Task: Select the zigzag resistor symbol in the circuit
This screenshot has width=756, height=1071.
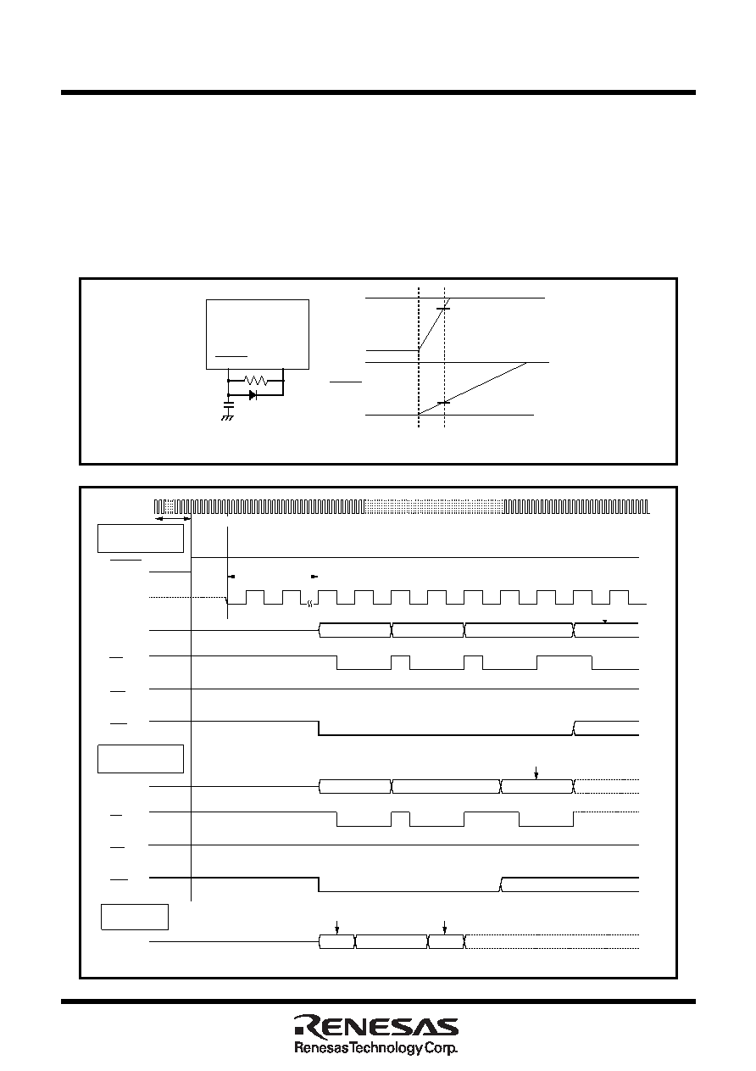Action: (256, 381)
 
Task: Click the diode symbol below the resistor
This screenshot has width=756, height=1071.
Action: (253, 395)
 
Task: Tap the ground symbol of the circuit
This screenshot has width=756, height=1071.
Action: (227, 418)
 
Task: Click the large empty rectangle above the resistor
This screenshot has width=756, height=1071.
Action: (258, 334)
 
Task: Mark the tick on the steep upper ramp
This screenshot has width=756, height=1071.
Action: (443, 309)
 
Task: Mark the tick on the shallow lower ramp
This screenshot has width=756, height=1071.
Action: (444, 403)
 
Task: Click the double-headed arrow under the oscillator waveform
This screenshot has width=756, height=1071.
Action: (173, 519)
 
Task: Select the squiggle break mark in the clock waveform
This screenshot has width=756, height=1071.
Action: (309, 604)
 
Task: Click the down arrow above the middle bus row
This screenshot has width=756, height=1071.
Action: (536, 773)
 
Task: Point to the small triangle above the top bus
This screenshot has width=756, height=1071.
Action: (604, 622)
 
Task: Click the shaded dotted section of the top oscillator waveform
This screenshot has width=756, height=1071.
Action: (434, 506)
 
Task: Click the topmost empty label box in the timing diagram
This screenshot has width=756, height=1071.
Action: (141, 538)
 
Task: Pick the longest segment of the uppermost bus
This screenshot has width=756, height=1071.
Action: (519, 630)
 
